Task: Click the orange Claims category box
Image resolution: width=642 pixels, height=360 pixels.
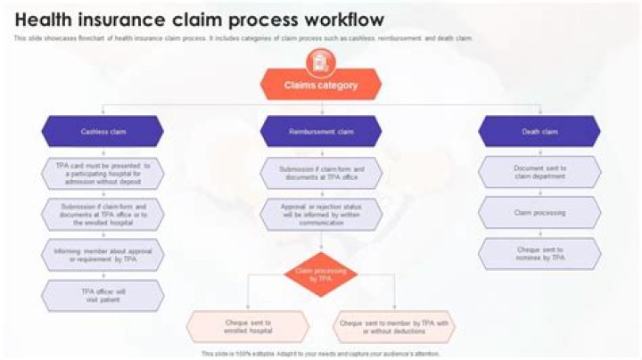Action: tap(321, 86)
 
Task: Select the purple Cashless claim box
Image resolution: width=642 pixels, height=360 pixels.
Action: tap(103, 131)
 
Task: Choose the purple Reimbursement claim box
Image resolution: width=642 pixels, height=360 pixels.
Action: tap(321, 131)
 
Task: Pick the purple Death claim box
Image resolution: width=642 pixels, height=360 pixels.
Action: tap(539, 131)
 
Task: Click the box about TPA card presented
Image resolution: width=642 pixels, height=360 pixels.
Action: tap(103, 171)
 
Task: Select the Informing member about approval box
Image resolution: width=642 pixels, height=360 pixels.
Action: tap(103, 254)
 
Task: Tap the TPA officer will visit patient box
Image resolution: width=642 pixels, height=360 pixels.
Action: tap(103, 295)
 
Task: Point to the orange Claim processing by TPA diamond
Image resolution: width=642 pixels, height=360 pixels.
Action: tap(320, 274)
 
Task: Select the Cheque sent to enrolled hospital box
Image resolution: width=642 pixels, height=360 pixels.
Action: tap(248, 326)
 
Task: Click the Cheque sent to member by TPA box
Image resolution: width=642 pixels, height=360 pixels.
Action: tap(394, 326)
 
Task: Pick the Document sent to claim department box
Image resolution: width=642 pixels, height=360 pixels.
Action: tap(539, 171)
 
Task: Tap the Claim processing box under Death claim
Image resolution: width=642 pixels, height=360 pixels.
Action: tap(539, 213)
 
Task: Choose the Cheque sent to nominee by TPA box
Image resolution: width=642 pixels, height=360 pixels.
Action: tap(539, 254)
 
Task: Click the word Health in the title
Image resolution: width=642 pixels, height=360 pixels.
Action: tap(46, 20)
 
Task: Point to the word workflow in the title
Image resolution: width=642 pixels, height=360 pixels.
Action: tap(342, 20)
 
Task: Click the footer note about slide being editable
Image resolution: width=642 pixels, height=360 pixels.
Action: tap(321, 354)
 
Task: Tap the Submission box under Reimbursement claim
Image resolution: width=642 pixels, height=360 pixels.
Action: tap(321, 171)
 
